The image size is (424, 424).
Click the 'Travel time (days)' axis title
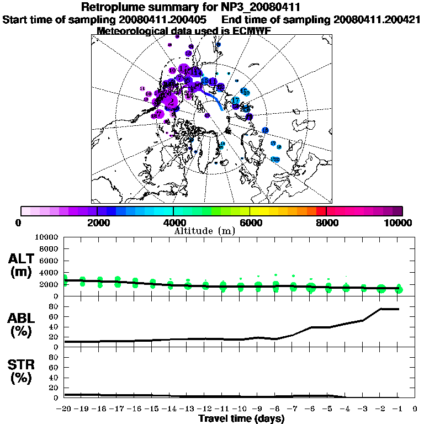(x=241, y=418)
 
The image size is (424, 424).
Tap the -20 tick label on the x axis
(x=65, y=409)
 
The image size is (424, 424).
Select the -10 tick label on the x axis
(x=240, y=409)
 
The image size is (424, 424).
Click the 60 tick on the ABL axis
(x=54, y=316)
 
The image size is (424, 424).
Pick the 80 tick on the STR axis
(x=54, y=357)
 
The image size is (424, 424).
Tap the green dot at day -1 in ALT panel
(x=399, y=289)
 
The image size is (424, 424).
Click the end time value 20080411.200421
(x=377, y=19)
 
